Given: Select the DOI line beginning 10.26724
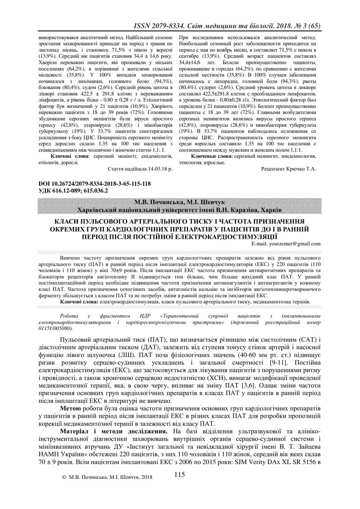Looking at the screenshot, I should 90,184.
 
